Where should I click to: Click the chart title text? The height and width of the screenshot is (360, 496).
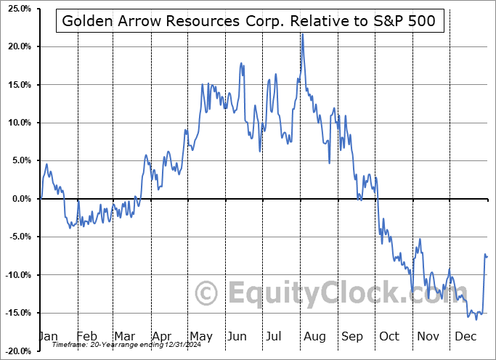[x=248, y=21]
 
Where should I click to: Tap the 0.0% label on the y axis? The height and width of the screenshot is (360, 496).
[x=18, y=199]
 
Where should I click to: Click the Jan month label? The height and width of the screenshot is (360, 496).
[x=48, y=337]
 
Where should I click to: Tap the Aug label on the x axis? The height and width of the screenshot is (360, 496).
[x=315, y=337]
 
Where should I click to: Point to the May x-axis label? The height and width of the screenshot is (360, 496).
[x=201, y=337]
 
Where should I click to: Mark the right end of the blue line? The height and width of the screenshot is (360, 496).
[x=487, y=256]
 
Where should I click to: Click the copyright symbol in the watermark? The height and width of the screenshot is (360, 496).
[x=208, y=294]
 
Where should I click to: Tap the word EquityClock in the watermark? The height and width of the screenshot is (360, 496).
[x=335, y=293]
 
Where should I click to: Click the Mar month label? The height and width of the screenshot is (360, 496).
[x=124, y=337]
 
